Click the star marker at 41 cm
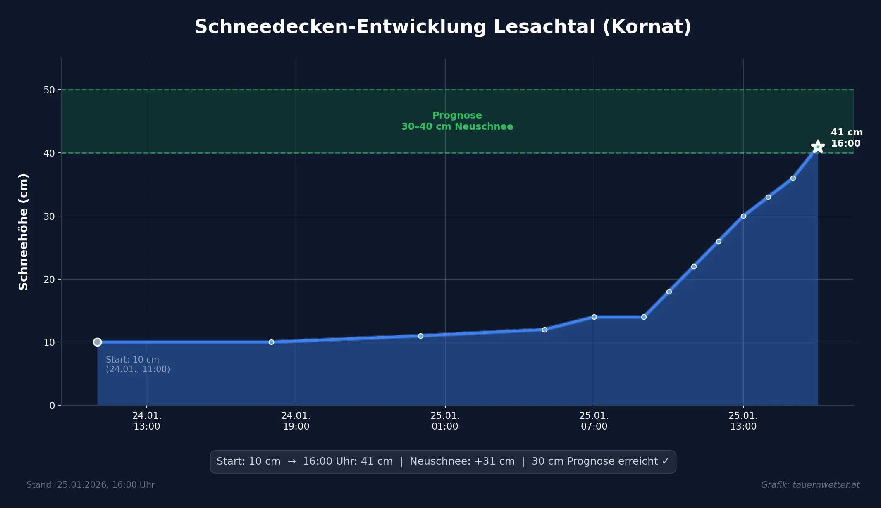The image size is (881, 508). coord(817,146)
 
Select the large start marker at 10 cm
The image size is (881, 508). coord(97,342)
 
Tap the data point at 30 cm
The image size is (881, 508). coord(743,216)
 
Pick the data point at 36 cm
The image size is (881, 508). coord(793,178)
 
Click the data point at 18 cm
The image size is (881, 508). coord(669,292)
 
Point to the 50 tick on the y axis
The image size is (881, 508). coord(49,90)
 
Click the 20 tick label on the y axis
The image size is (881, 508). coord(49,280)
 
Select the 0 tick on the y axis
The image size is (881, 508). coord(52,406)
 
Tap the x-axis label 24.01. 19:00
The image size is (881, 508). coord(296,421)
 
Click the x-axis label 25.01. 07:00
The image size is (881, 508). coord(594,421)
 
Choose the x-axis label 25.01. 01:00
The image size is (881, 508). coord(445,421)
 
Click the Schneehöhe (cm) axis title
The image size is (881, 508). coord(24,232)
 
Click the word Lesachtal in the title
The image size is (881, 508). coord(544,27)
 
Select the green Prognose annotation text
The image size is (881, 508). coord(457,121)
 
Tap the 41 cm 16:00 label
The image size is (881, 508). coord(846,138)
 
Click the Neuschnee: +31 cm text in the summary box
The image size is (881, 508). coord(462,461)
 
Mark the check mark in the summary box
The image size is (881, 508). coord(665,461)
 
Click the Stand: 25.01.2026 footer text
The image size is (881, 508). coord(91,485)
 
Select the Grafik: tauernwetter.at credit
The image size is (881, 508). coord(810,485)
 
